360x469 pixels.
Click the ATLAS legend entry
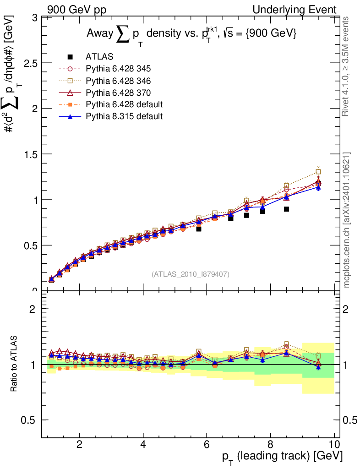(97, 57)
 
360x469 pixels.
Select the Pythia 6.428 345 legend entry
(118, 69)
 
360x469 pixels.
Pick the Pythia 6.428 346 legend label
(118, 81)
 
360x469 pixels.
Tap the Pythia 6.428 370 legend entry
(118, 93)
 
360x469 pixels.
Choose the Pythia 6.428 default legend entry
(124, 104)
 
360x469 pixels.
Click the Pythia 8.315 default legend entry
(124, 116)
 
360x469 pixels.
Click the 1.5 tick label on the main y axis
(31, 154)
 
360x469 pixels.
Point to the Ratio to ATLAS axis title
(14, 364)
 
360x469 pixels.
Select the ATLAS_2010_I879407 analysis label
(191, 274)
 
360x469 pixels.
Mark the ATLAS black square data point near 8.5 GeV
(286, 209)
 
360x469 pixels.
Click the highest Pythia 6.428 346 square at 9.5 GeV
(318, 172)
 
